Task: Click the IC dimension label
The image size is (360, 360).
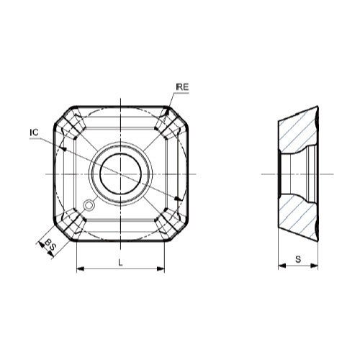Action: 34,132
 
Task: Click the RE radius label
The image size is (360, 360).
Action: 182,87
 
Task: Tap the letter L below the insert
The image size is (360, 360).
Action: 120,263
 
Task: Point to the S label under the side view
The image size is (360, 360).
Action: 298,259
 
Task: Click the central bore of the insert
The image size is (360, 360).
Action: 120,174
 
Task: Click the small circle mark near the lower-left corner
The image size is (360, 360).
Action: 89,205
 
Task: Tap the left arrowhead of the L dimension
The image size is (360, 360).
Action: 81,269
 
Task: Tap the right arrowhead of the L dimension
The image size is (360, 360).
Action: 161,269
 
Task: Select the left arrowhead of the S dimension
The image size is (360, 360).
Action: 282,266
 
